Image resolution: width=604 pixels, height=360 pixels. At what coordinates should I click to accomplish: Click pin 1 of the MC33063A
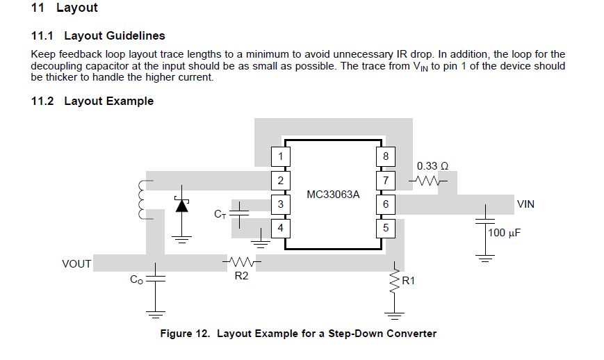coord(280,156)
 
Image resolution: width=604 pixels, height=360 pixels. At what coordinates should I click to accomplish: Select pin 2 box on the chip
coord(280,180)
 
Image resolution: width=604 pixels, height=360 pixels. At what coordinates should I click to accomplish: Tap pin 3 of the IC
coord(280,204)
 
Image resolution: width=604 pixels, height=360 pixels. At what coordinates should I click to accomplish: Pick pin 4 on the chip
coord(280,228)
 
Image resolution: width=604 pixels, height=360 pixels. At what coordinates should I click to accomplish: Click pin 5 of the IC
coord(386,228)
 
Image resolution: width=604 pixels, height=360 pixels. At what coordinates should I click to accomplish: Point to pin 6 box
coord(386,204)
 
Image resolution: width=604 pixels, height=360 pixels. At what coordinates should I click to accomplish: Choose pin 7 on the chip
coord(386,180)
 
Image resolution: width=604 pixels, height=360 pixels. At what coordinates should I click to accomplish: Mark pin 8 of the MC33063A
coord(386,156)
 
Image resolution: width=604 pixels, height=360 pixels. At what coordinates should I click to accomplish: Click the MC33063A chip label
coord(333,195)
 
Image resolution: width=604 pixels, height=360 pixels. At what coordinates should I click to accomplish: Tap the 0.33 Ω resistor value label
coord(432,166)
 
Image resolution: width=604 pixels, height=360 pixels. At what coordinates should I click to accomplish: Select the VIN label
coord(525,204)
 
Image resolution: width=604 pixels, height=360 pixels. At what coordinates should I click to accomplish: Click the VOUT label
coord(76,263)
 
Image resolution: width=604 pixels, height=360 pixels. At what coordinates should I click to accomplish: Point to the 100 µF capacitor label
coord(504,233)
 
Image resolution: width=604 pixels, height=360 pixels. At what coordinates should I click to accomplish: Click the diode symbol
coord(182,206)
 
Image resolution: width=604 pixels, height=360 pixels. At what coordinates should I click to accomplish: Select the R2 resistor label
coord(241,276)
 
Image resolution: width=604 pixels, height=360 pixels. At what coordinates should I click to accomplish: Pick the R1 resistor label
coord(408,281)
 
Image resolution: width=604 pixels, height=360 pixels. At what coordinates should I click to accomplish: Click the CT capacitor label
coord(220,214)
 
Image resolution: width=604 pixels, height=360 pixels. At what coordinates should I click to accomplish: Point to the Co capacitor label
coord(136,279)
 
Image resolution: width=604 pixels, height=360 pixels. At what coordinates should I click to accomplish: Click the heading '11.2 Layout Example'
coord(92,101)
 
